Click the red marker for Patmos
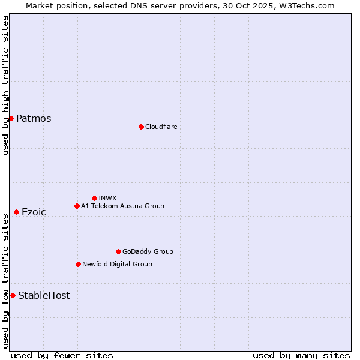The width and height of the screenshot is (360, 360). coord(11,118)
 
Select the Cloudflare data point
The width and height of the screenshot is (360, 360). coord(141,127)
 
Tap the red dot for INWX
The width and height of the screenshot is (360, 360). coord(94,198)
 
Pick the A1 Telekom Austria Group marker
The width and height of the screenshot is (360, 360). coord(77,206)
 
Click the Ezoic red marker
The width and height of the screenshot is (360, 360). coord(16,212)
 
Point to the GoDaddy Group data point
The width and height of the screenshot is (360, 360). coord(118,251)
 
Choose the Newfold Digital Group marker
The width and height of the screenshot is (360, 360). coord(78,264)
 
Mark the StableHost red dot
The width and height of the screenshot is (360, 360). coord(13,295)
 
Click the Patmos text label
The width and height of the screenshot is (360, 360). coord(34,119)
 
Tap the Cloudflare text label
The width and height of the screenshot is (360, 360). coord(161,127)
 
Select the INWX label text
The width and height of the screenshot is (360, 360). coord(107,198)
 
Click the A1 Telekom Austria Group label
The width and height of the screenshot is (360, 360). coord(122,206)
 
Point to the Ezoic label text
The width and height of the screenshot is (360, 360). coord(34,212)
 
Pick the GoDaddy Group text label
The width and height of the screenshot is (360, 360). coord(148,251)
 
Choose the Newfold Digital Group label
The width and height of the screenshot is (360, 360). coord(117,264)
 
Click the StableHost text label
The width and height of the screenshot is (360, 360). coord(44,296)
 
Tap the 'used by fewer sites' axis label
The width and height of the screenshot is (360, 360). coord(62,355)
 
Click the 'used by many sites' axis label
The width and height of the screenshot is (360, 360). coord(301,355)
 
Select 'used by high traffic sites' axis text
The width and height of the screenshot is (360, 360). coord(5,85)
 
